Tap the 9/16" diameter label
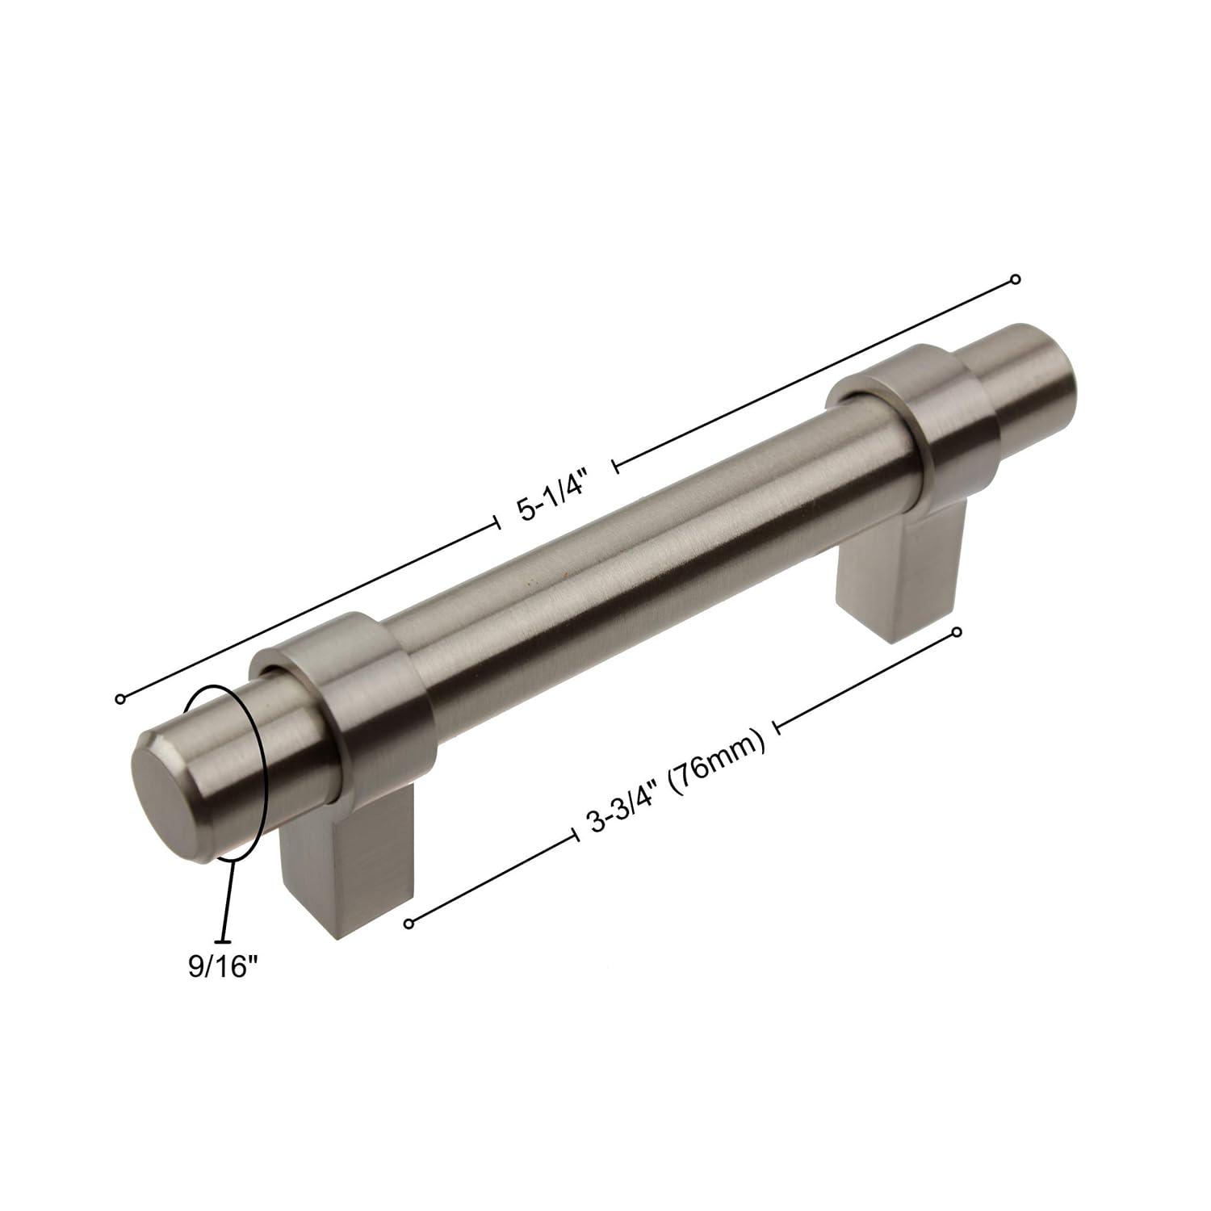coord(216,966)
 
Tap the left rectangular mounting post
coord(347,872)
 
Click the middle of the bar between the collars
coord(646,565)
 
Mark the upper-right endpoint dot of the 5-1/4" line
coord(1016,279)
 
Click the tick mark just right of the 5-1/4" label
coord(616,465)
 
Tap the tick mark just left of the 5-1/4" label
coord(496,524)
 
